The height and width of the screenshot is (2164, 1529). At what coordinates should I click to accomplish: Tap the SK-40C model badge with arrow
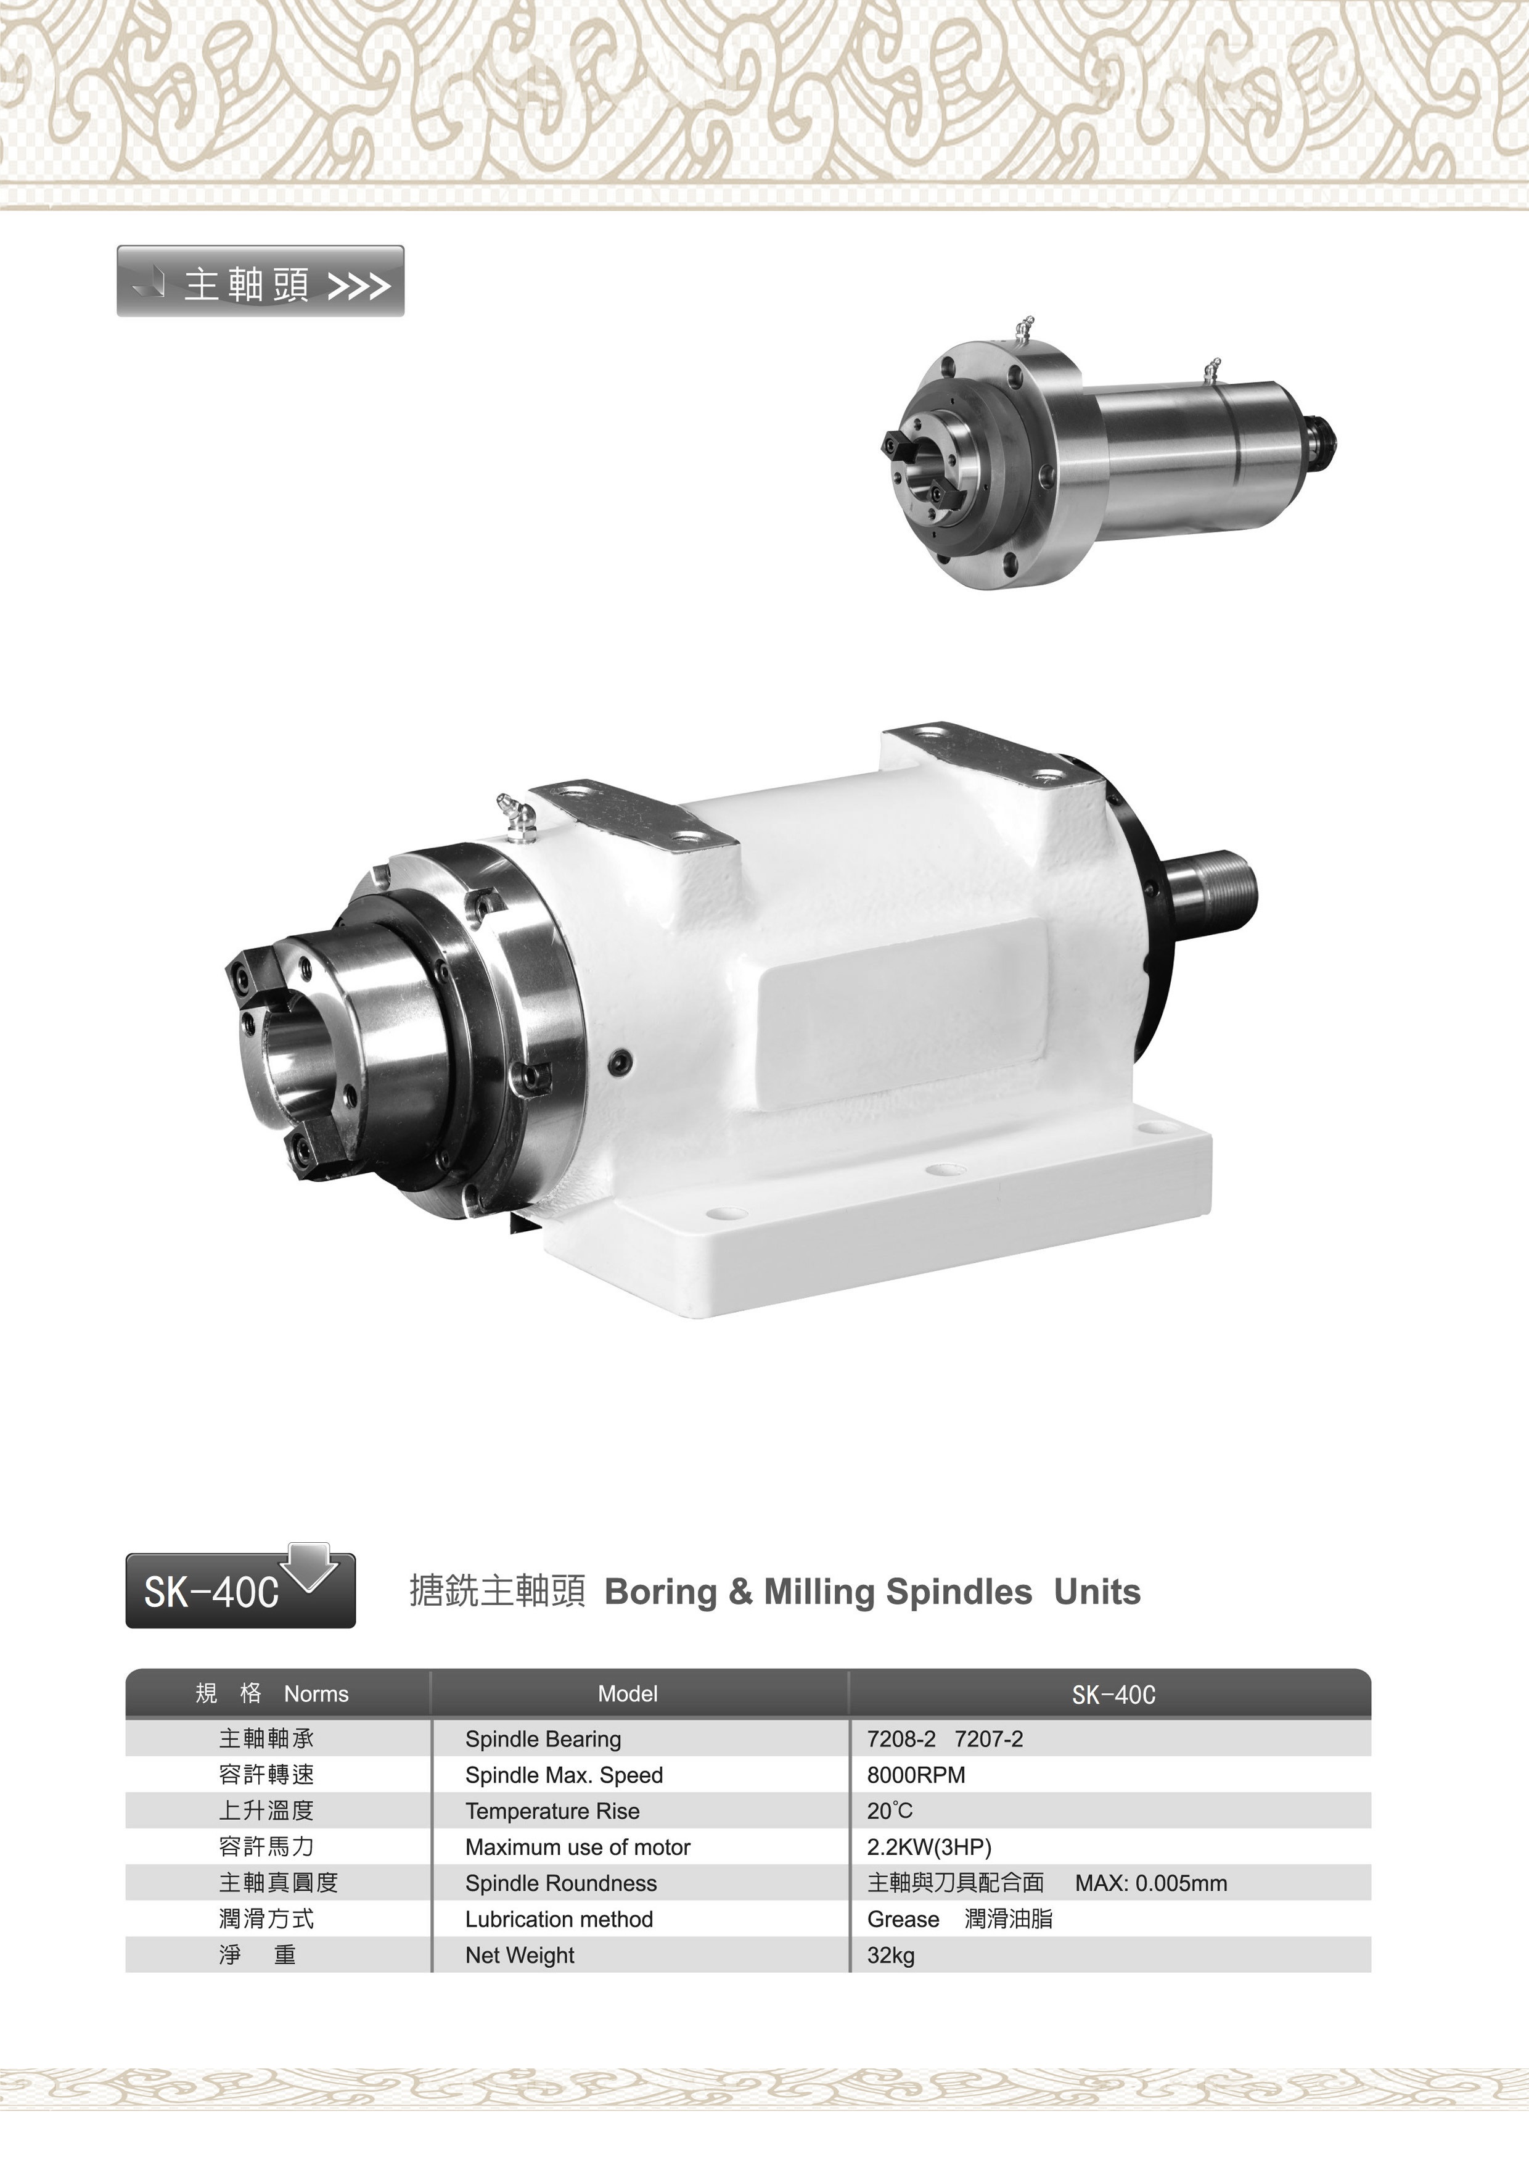point(240,1587)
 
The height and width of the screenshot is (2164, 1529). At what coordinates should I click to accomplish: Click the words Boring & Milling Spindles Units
point(872,1592)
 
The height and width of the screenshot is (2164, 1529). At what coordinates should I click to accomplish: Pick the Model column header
point(628,1694)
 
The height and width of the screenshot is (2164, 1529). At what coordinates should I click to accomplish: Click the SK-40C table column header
point(1113,1695)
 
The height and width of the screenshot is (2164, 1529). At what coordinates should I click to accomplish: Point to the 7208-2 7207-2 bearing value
point(945,1739)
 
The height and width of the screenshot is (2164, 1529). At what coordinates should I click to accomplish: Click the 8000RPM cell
point(916,1775)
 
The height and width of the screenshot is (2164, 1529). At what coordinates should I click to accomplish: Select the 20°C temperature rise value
point(889,1811)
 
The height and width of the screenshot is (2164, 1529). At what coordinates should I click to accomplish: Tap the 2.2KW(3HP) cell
point(929,1846)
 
